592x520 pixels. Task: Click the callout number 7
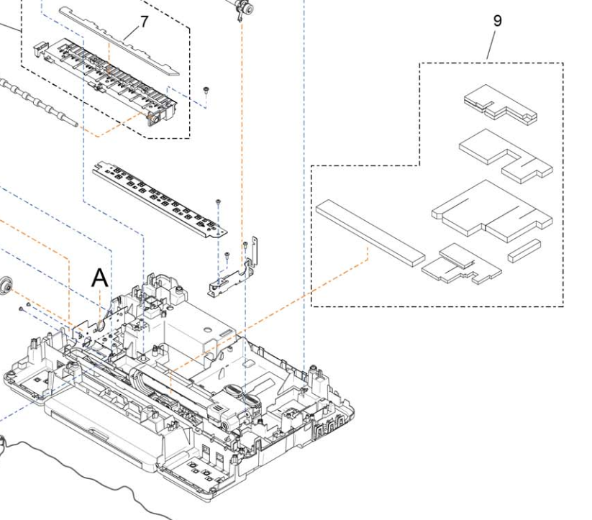[x=145, y=22]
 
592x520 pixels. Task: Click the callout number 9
[x=497, y=21]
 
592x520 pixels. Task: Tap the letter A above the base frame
[x=100, y=276]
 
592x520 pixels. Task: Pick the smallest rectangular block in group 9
[x=523, y=250]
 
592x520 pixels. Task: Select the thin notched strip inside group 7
[x=119, y=40]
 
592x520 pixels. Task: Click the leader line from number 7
[x=130, y=32]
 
